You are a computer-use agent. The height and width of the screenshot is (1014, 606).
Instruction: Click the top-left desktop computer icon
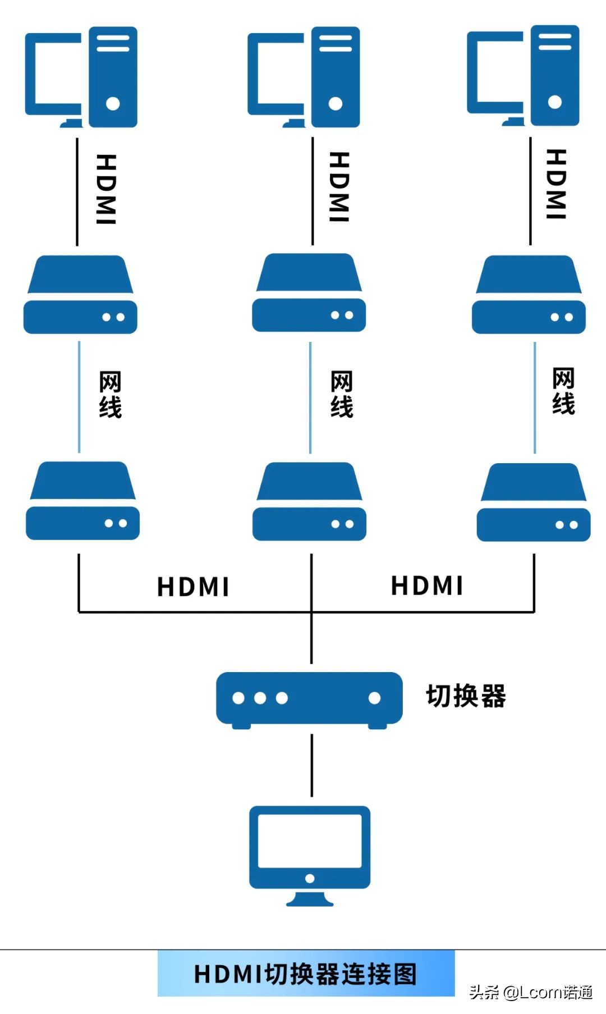(81, 77)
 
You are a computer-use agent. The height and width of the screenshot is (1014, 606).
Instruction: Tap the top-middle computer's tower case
(336, 77)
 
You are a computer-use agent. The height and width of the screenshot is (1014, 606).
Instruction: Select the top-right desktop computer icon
(524, 76)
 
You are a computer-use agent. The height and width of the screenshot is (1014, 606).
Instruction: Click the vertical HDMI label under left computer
(106, 189)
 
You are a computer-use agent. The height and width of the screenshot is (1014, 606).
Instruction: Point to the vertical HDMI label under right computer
(556, 184)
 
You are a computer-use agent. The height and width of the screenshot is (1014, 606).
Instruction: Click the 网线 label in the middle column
(341, 394)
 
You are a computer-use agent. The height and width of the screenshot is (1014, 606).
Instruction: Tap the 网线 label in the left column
(110, 394)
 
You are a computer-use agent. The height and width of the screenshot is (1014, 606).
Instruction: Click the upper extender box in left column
(80, 295)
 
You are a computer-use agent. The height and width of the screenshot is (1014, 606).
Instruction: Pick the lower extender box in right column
(533, 502)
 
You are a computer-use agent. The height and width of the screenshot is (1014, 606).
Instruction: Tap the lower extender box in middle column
(309, 501)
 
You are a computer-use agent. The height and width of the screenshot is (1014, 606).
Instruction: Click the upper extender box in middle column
(309, 293)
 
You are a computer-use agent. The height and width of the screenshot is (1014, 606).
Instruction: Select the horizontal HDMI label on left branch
(193, 587)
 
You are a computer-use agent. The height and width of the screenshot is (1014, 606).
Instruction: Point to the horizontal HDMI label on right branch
(427, 586)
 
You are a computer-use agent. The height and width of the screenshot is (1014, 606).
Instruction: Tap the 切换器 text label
(466, 696)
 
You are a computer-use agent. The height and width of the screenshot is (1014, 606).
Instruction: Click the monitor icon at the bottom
(310, 853)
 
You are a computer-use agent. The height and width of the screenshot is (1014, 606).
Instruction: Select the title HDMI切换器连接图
(306, 974)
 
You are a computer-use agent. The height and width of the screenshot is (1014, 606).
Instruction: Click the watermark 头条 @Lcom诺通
(531, 993)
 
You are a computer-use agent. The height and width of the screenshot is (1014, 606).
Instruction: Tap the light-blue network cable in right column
(535, 398)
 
